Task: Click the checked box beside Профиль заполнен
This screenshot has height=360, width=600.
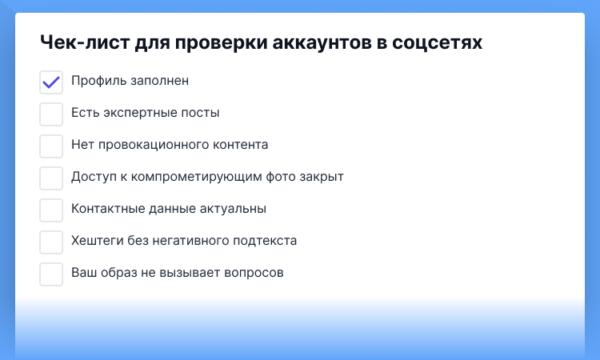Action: tap(51, 82)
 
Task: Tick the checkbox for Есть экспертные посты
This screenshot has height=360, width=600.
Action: tap(51, 114)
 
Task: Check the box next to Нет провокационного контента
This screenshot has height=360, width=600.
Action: tap(51, 146)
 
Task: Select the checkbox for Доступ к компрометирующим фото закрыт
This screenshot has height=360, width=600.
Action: tap(51, 178)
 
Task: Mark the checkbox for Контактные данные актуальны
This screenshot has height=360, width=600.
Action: tap(51, 210)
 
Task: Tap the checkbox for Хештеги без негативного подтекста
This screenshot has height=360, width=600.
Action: tap(51, 242)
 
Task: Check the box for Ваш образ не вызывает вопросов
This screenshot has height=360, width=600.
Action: tap(51, 274)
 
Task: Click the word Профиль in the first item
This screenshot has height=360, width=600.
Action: tap(95, 81)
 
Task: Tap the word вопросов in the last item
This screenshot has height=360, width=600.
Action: tap(254, 273)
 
